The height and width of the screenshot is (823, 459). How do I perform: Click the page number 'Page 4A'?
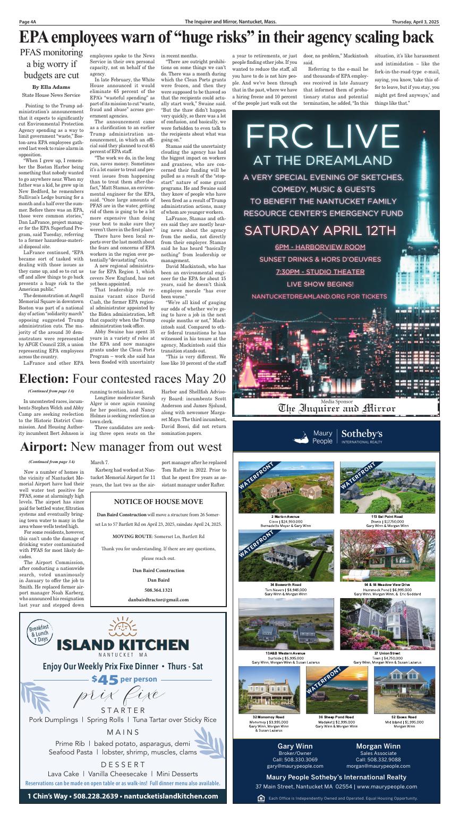(x=28, y=22)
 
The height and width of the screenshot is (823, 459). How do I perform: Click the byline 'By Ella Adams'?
(x=51, y=87)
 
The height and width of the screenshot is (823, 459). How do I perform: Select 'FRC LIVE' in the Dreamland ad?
(x=336, y=137)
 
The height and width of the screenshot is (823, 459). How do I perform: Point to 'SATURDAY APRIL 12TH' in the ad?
(x=335, y=231)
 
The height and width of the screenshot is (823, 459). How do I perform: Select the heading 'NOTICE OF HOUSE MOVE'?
(x=158, y=501)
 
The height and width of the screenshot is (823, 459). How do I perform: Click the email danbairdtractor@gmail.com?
(x=158, y=599)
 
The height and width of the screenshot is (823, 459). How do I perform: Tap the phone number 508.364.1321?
(x=158, y=590)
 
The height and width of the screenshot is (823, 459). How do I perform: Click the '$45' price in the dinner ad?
(x=105, y=679)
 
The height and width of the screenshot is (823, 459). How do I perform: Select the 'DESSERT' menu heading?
(x=123, y=764)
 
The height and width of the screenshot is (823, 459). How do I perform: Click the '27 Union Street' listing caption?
(x=387, y=653)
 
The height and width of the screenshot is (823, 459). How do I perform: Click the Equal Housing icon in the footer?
(x=260, y=798)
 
